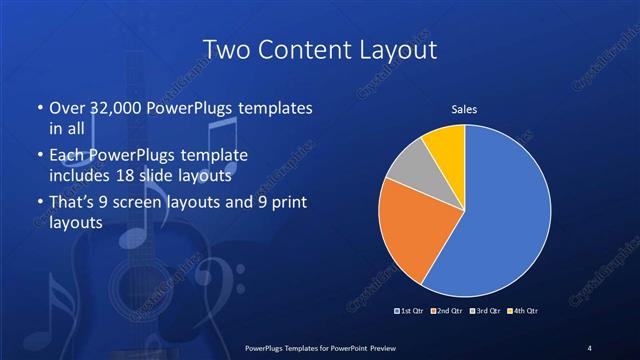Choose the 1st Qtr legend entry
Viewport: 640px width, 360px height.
click(408, 311)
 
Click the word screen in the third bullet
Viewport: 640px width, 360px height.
click(150, 204)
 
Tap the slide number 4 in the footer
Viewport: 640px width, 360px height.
click(590, 347)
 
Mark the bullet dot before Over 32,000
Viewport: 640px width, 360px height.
click(39, 108)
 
